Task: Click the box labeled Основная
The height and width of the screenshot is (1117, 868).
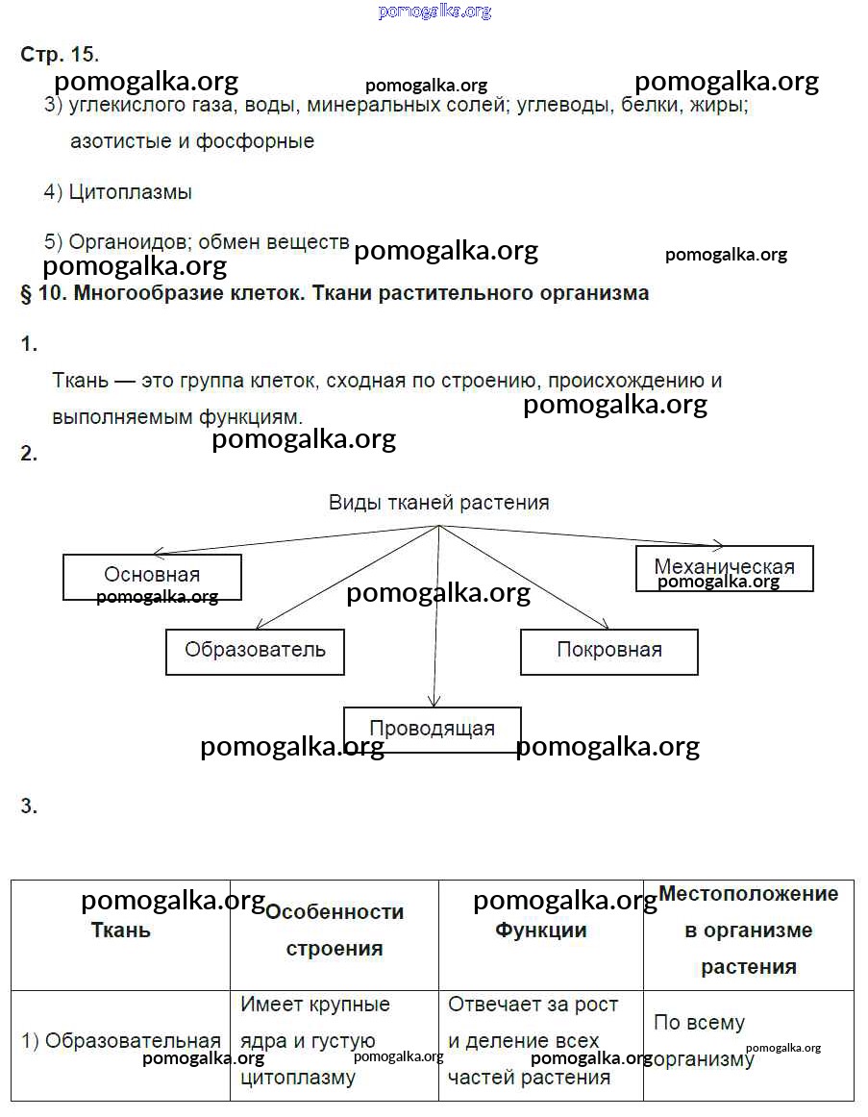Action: (x=152, y=577)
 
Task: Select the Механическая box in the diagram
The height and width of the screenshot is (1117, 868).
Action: (x=724, y=567)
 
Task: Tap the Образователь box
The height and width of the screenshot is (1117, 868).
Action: (x=255, y=651)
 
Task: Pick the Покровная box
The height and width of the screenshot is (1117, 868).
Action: (x=608, y=651)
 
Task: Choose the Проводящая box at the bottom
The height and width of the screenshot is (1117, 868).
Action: (x=432, y=729)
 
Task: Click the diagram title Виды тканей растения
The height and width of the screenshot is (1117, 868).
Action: (x=438, y=502)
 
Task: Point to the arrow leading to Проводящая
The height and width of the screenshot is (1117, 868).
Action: (x=436, y=625)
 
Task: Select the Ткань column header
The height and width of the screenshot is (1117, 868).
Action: (x=120, y=931)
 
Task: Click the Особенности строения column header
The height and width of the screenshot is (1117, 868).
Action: (x=334, y=930)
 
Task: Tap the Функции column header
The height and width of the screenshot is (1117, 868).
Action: (x=540, y=931)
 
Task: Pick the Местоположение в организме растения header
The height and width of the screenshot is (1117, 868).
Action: (x=748, y=931)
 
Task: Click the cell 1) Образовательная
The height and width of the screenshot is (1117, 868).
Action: (x=121, y=1041)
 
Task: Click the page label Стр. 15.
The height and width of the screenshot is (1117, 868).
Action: (x=60, y=54)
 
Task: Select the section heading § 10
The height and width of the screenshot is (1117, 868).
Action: (x=334, y=293)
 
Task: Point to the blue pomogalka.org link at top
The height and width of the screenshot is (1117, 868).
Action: (x=434, y=11)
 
